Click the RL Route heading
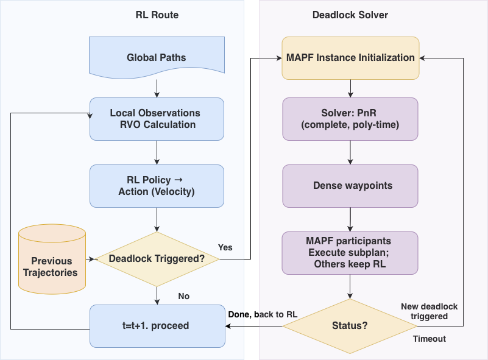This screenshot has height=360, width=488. pyautogui.click(x=157, y=15)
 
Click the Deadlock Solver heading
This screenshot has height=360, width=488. pyautogui.click(x=351, y=15)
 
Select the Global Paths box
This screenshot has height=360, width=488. pyautogui.click(x=157, y=57)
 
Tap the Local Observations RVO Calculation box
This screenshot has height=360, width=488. pyautogui.click(x=157, y=119)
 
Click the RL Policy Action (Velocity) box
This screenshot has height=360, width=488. pyautogui.click(x=157, y=186)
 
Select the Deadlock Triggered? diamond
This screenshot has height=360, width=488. pyautogui.click(x=157, y=259)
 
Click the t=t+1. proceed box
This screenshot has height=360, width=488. pyautogui.click(x=157, y=325)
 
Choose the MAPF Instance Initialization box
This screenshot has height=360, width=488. pyautogui.click(x=350, y=58)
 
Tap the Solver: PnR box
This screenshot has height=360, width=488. pyautogui.click(x=350, y=119)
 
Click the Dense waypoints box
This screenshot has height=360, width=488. pyautogui.click(x=350, y=186)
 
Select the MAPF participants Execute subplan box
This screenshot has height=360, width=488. pyautogui.click(x=350, y=253)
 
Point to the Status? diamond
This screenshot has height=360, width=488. pyautogui.click(x=350, y=325)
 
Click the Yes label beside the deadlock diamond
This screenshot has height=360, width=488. pyautogui.click(x=225, y=247)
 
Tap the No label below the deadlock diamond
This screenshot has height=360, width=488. pyautogui.click(x=183, y=296)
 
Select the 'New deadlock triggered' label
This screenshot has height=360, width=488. pyautogui.click(x=429, y=311)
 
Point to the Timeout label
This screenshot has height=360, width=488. pyautogui.click(x=429, y=339)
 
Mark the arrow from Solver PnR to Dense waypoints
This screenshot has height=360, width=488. pyautogui.click(x=350, y=152)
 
